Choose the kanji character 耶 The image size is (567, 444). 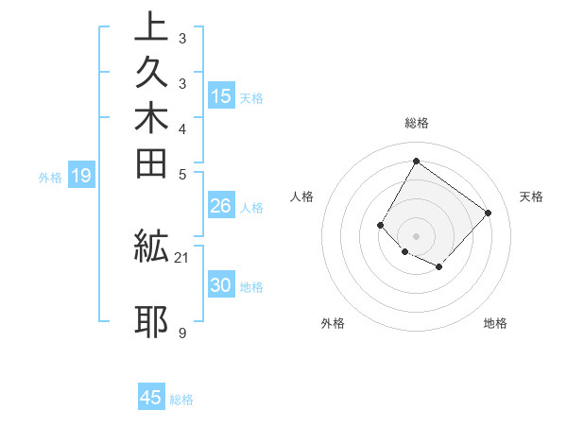[x=152, y=321]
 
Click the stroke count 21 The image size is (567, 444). [x=182, y=257]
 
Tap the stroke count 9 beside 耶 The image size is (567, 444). [x=181, y=333]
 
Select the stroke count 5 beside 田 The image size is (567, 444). [x=181, y=174]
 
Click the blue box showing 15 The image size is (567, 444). [x=221, y=96]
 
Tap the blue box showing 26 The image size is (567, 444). [x=221, y=207]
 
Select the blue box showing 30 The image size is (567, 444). [x=221, y=286]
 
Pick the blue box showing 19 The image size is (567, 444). [x=81, y=176]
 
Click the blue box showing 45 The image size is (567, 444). [x=151, y=398]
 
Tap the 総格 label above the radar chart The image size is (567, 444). [x=417, y=123]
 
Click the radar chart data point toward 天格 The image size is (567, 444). [x=488, y=213]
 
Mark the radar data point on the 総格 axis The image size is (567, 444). [x=416, y=161]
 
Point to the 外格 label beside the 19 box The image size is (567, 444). [x=50, y=177]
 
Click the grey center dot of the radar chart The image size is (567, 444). [x=416, y=235]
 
